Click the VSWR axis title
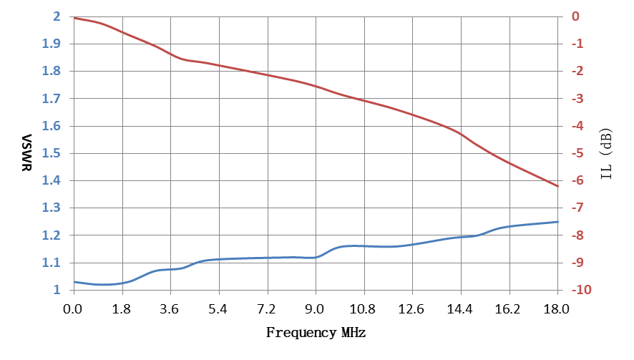tap(26, 153)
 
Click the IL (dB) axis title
tap(606, 154)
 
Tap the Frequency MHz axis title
tap(316, 333)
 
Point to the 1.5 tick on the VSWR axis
tap(52, 153)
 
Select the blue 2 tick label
tap(57, 16)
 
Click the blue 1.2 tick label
tap(52, 235)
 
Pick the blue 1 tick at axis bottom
tap(57, 290)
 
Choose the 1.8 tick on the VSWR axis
tap(52, 71)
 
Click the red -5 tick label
tap(577, 153)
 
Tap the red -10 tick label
tap(581, 290)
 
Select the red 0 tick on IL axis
tap(575, 16)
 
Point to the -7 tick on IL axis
tap(577, 208)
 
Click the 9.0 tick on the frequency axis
tap(315, 309)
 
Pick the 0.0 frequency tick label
tap(73, 309)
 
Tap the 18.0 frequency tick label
tap(557, 309)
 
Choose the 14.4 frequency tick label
tap(459, 309)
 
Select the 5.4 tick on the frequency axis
tap(218, 309)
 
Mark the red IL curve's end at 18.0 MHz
tap(558, 186)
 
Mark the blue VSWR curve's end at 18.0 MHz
tap(558, 222)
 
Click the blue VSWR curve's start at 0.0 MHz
tap(74, 282)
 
